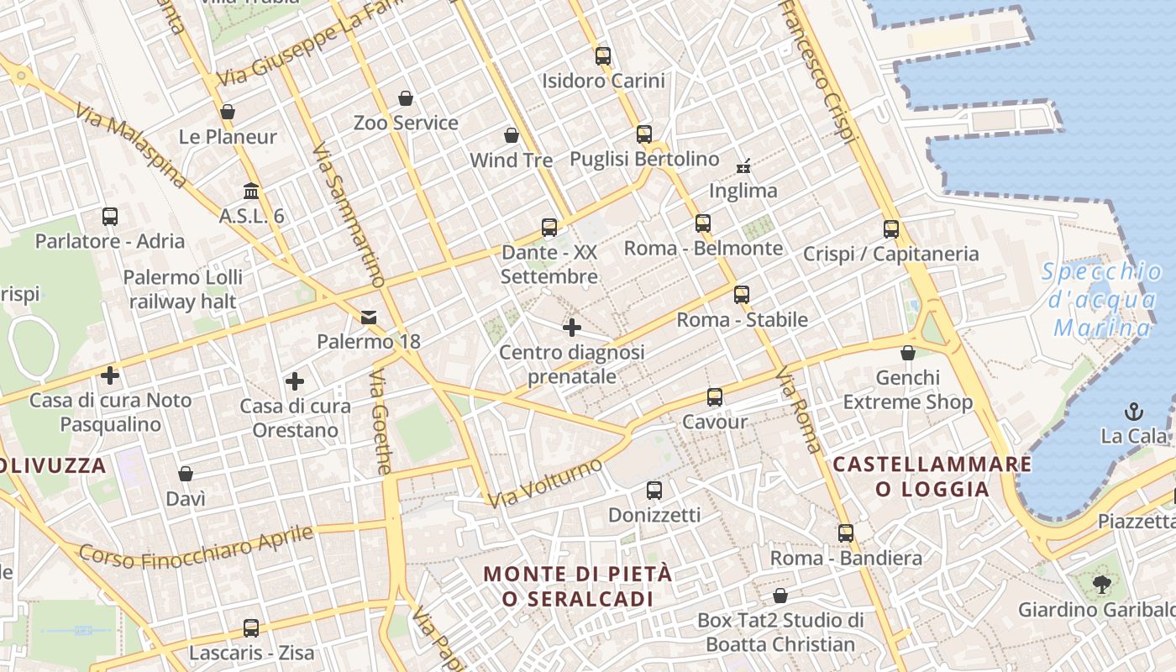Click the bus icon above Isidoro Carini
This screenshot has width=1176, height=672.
[x=602, y=56]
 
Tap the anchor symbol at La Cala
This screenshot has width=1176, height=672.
[x=1134, y=412]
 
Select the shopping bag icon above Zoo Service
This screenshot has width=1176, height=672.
[x=406, y=98]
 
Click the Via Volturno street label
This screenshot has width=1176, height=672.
[x=545, y=483]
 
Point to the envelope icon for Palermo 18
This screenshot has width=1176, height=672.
[x=368, y=317]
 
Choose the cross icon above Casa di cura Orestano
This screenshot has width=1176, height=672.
[x=294, y=381]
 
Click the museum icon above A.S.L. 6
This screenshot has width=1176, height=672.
[x=251, y=191]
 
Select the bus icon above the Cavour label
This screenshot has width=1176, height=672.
[x=714, y=397]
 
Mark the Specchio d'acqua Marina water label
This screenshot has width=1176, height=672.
[x=1103, y=299]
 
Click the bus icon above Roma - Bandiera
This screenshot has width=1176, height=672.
[x=845, y=533]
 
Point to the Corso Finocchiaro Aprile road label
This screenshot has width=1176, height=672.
[x=197, y=545]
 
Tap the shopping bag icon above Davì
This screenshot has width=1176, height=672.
[x=186, y=475]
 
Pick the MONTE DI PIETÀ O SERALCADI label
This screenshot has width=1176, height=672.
[x=578, y=586]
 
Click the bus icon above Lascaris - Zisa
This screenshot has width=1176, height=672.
[x=250, y=627]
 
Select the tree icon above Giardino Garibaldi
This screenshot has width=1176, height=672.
[x=1101, y=584]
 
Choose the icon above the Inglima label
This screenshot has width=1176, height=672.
[x=743, y=165]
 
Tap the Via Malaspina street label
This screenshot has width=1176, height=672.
[x=129, y=144]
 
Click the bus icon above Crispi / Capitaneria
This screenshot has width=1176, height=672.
[x=890, y=228]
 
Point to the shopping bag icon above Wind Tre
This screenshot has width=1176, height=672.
[x=511, y=135]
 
